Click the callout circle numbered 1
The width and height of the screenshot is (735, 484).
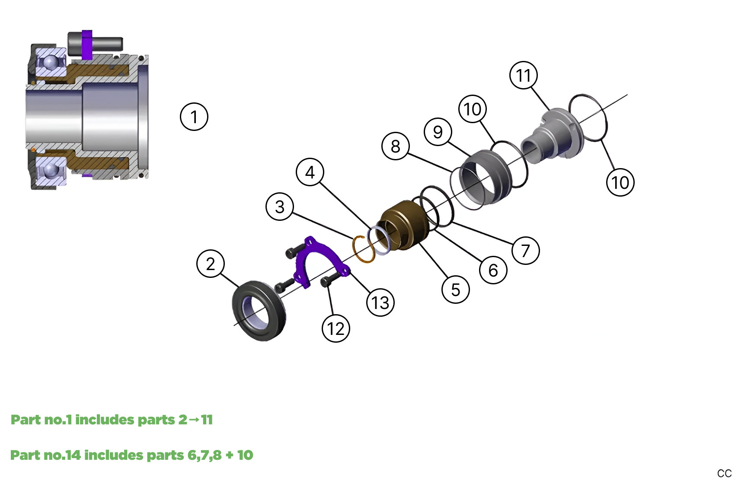(x=194, y=117)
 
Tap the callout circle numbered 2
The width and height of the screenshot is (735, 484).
(x=211, y=264)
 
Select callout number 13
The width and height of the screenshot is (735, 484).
(x=380, y=302)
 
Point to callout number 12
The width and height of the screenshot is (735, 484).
(x=336, y=328)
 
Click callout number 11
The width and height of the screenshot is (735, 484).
(x=524, y=75)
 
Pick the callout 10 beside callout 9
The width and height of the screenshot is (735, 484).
(x=473, y=109)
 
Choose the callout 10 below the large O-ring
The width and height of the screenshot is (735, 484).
(x=620, y=182)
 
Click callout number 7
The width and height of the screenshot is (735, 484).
(x=526, y=250)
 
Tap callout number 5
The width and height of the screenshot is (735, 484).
(x=456, y=290)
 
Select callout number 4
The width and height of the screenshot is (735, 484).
(x=310, y=172)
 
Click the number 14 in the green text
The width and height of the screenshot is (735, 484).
(x=73, y=455)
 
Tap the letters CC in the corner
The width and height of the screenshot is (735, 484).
(x=724, y=474)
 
